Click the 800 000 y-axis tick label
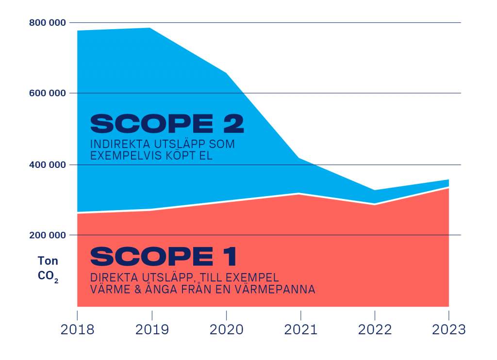point(47,23)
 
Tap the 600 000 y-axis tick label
point(47,93)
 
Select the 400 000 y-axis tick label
point(47,165)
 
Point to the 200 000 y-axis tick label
point(47,235)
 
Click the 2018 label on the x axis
point(78,330)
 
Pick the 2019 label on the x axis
point(152,330)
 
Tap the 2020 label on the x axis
point(226,330)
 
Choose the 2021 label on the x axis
point(300,330)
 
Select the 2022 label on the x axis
point(375,330)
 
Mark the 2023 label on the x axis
point(448,330)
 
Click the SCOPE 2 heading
point(166,124)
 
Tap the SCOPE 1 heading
point(163,256)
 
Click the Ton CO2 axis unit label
point(48,268)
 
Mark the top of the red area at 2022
point(375,204)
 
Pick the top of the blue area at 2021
point(300,158)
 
